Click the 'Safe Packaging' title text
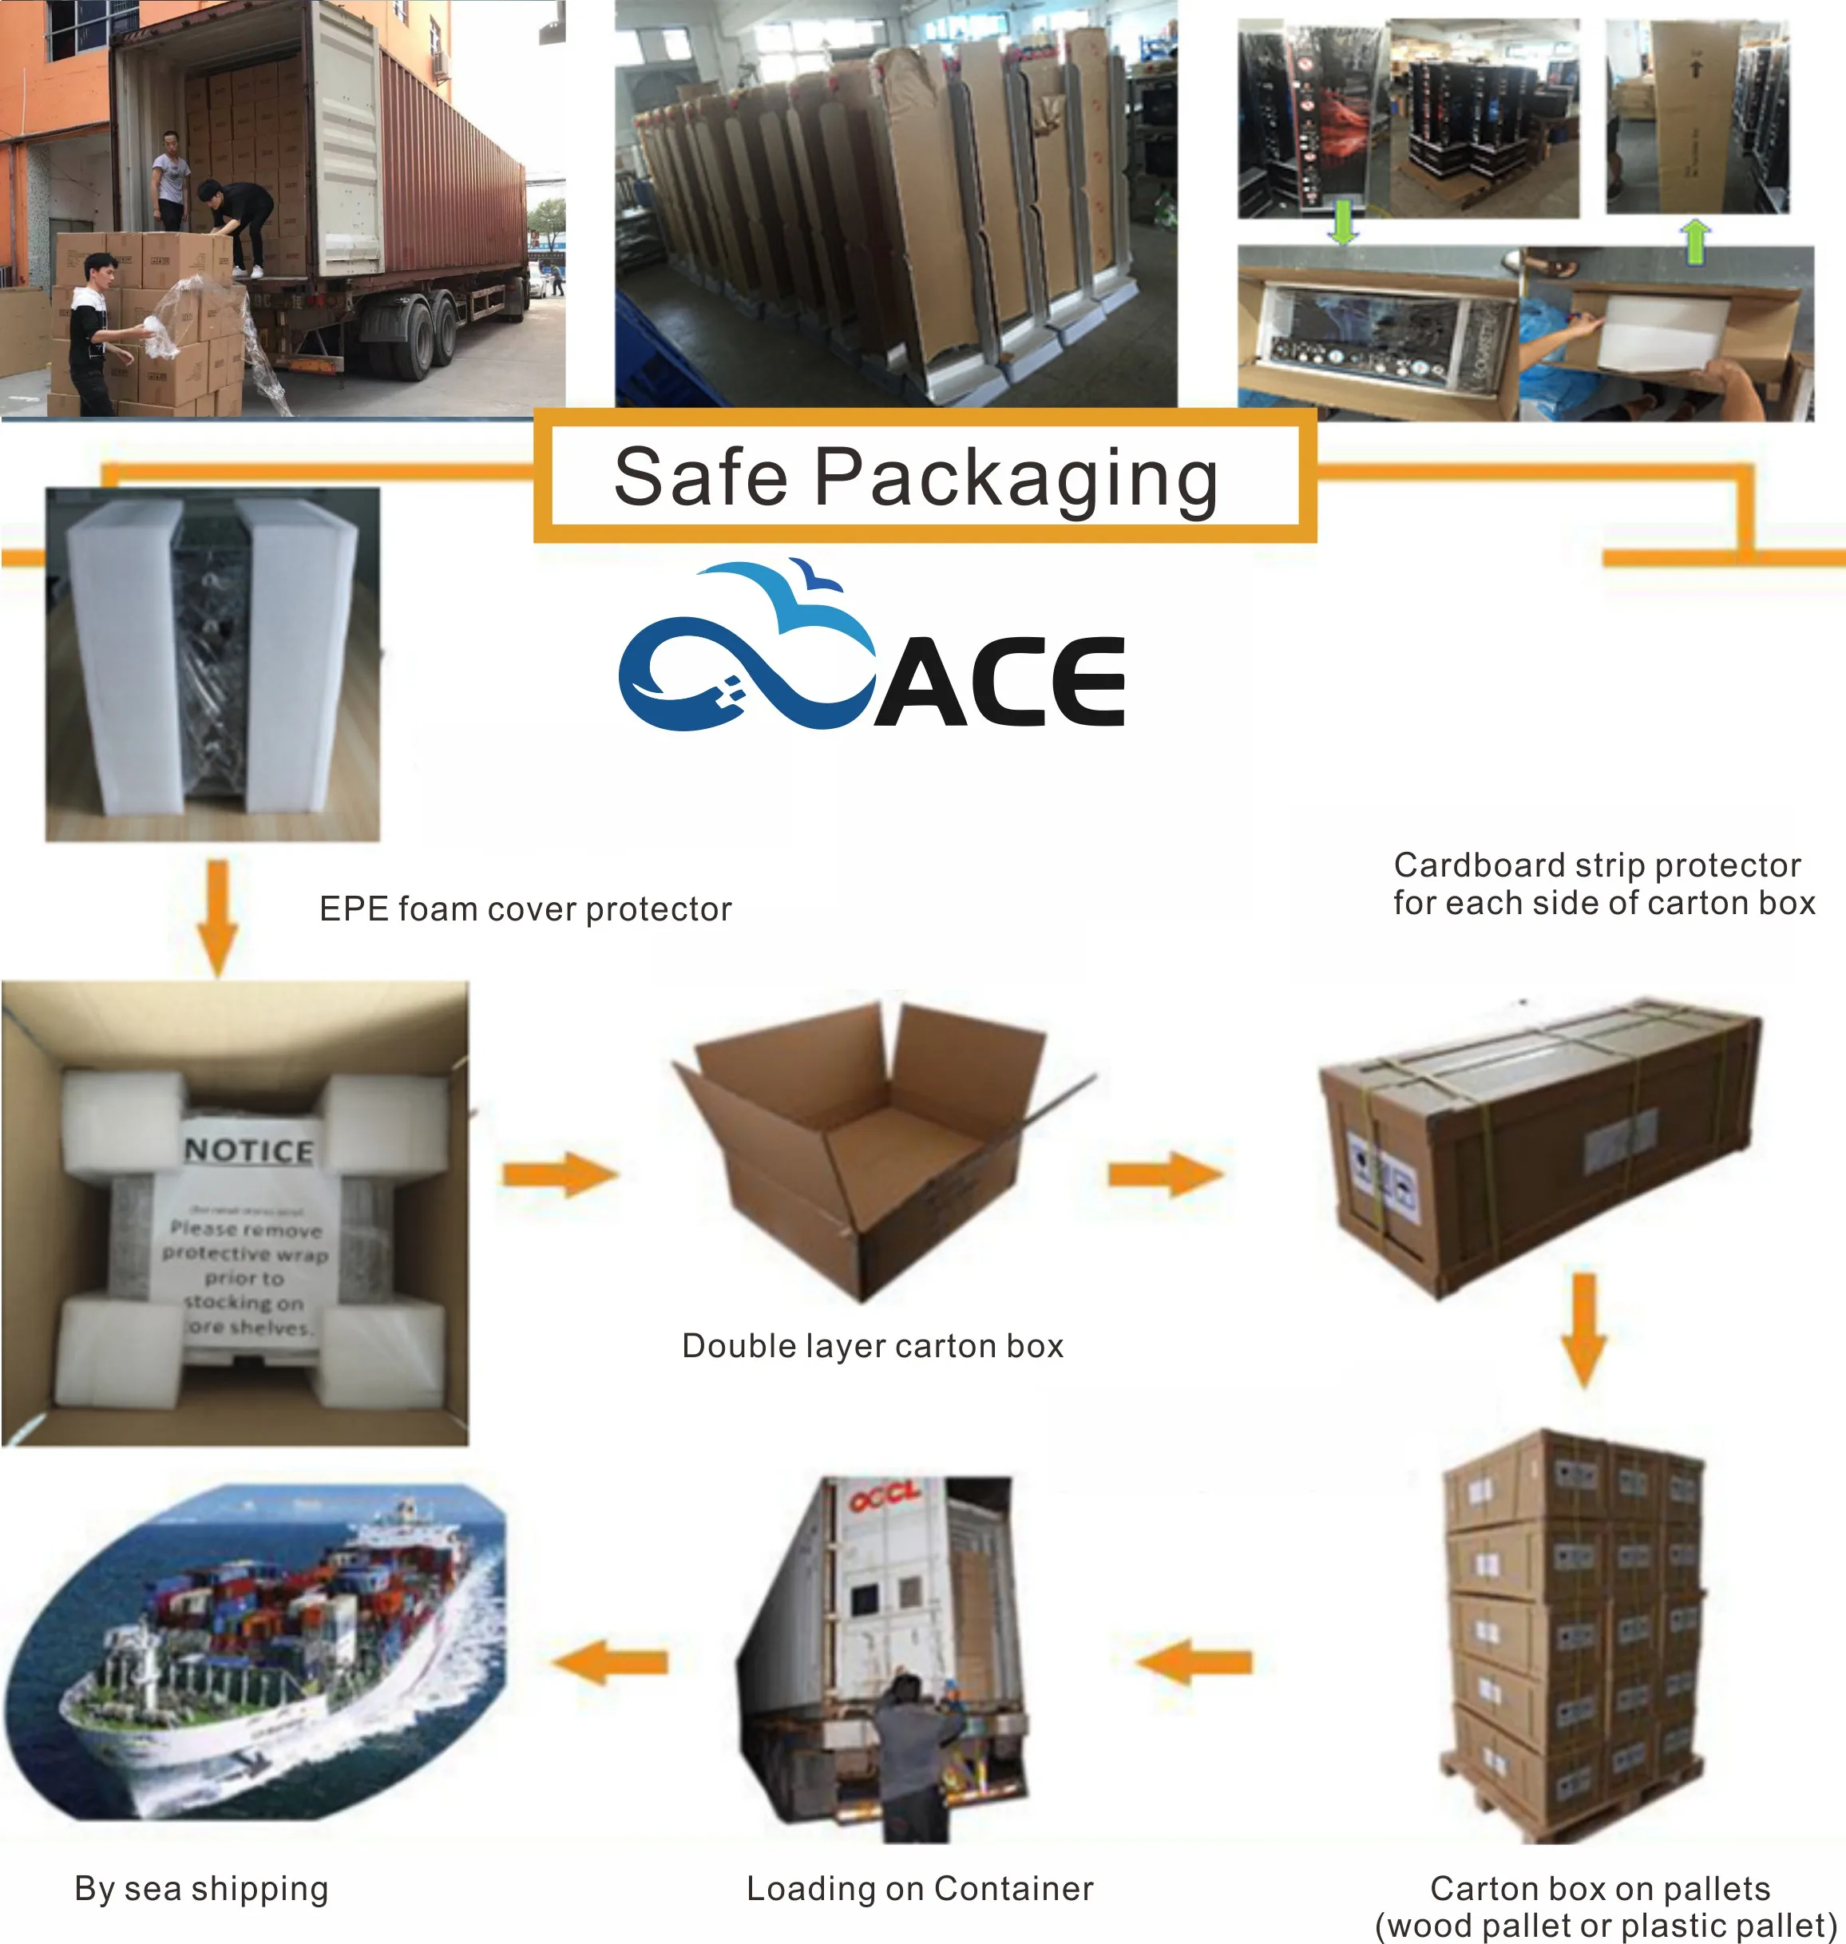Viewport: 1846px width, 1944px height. coord(915,477)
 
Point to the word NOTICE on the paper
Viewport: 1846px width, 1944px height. coord(249,1150)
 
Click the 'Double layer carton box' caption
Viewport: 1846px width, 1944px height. coord(873,1346)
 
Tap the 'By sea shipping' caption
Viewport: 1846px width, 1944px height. coord(202,1888)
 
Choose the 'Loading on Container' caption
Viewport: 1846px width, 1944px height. coord(919,1888)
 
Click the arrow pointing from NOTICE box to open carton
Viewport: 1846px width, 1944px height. coord(559,1174)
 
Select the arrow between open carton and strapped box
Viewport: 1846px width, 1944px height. coord(1165,1173)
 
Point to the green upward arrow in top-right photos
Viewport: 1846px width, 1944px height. coord(1695,240)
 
